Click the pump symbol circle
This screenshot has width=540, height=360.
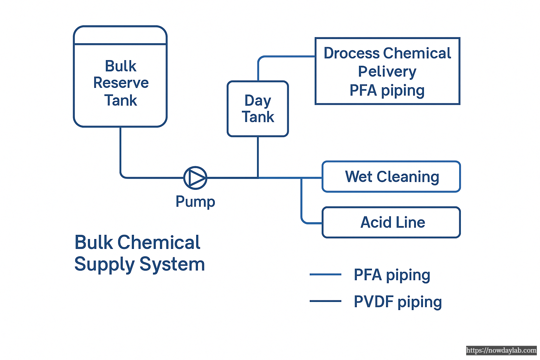click(x=195, y=178)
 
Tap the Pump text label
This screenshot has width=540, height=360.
click(x=195, y=202)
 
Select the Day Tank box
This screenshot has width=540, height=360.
click(x=258, y=109)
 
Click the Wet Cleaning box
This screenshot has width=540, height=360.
click(x=391, y=176)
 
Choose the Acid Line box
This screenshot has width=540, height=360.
click(x=391, y=222)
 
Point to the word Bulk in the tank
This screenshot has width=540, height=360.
click(x=121, y=66)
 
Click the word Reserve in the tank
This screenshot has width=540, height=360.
click(x=121, y=83)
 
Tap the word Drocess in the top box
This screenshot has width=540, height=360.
click(x=352, y=53)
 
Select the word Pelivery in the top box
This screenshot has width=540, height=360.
click(x=387, y=72)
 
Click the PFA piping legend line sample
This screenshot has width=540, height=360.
click(x=325, y=274)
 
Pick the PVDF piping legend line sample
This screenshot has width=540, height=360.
click(x=325, y=301)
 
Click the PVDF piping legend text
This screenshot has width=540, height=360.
click(x=397, y=302)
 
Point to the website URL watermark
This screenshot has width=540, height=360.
click(x=501, y=351)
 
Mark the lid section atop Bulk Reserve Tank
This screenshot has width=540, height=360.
click(x=120, y=35)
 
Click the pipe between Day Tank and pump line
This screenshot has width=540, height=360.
click(x=258, y=157)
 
